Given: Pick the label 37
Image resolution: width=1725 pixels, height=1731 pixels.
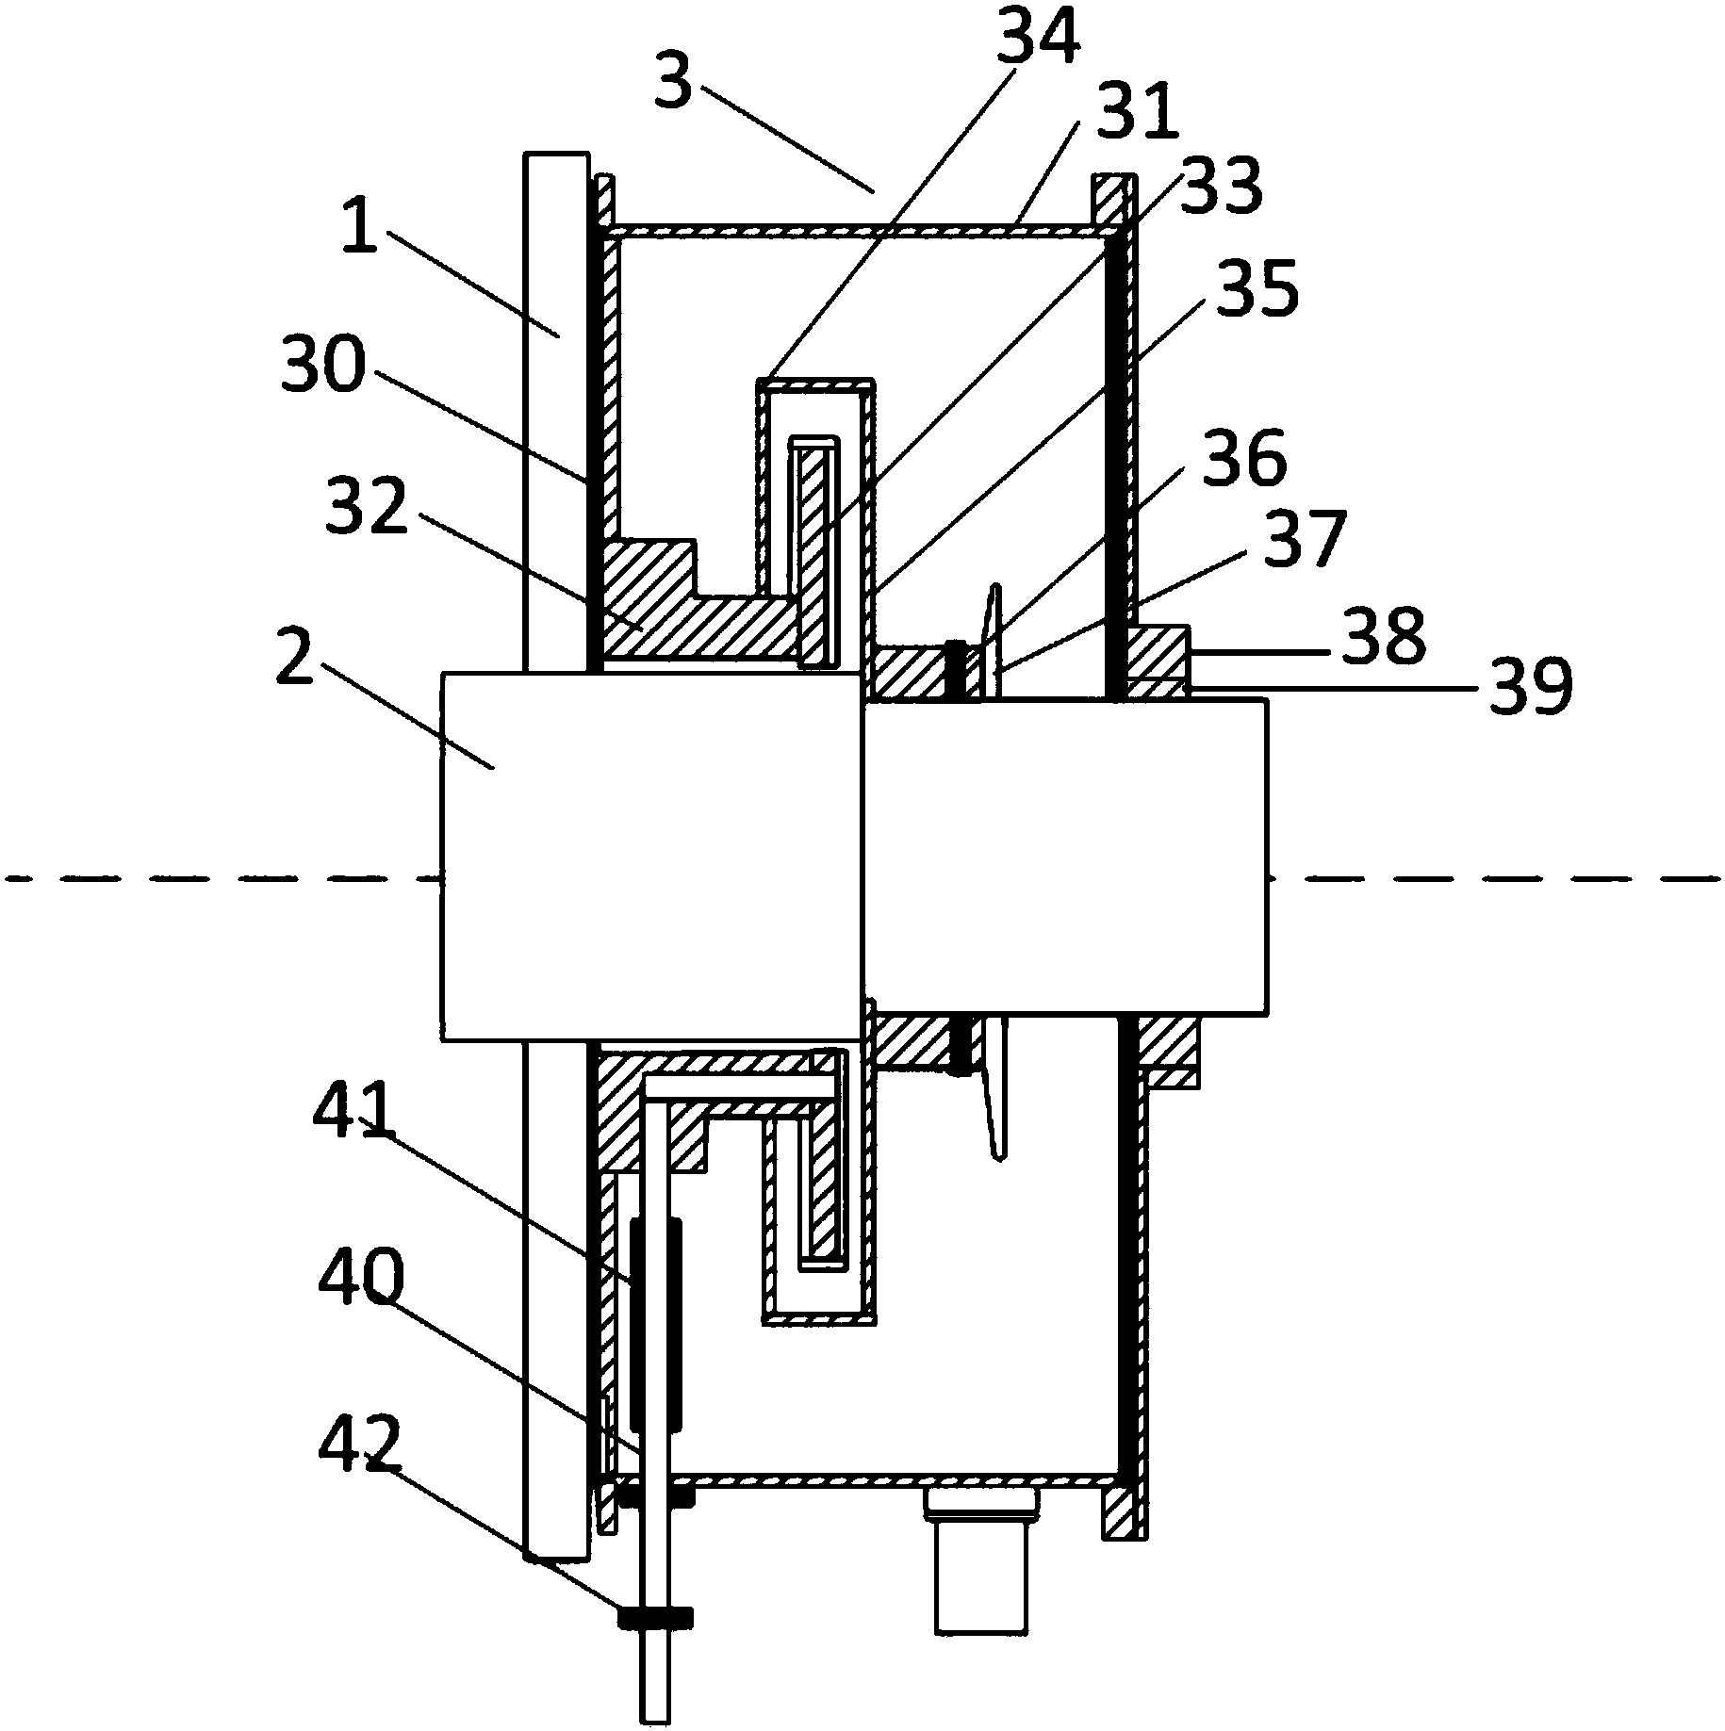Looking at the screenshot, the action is [x=1302, y=540].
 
